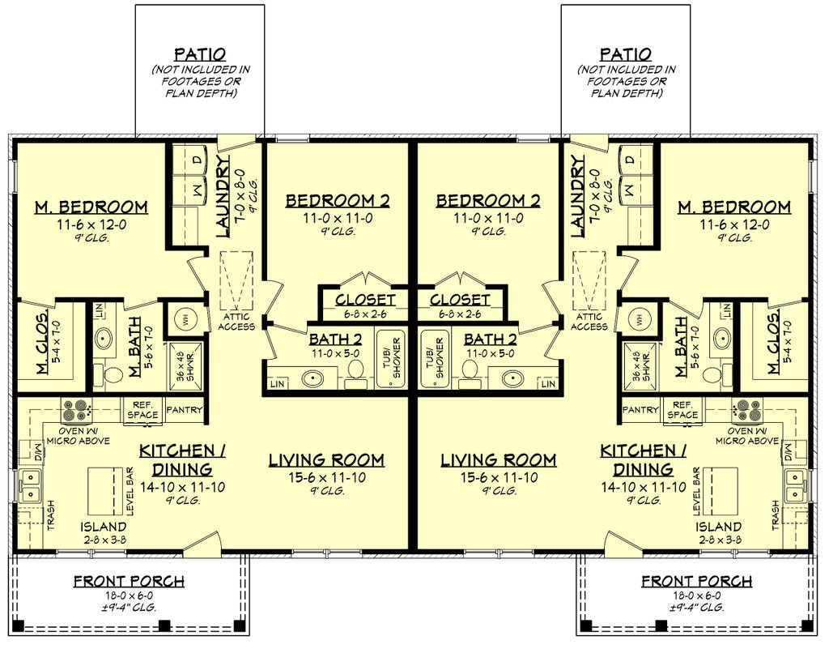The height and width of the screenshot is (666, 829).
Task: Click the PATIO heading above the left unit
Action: [x=199, y=54]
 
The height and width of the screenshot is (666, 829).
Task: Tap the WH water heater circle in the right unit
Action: [x=640, y=318]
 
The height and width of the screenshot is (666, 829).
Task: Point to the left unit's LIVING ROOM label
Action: [x=326, y=460]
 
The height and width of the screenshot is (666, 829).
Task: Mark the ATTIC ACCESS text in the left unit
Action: [x=235, y=322]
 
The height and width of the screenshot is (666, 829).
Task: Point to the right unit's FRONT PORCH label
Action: [x=696, y=581]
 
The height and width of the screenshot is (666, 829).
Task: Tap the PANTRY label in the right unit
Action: [x=641, y=410]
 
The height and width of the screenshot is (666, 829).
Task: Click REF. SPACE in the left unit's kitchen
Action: [x=142, y=410]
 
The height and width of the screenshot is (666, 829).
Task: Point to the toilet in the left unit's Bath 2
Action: [x=354, y=369]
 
